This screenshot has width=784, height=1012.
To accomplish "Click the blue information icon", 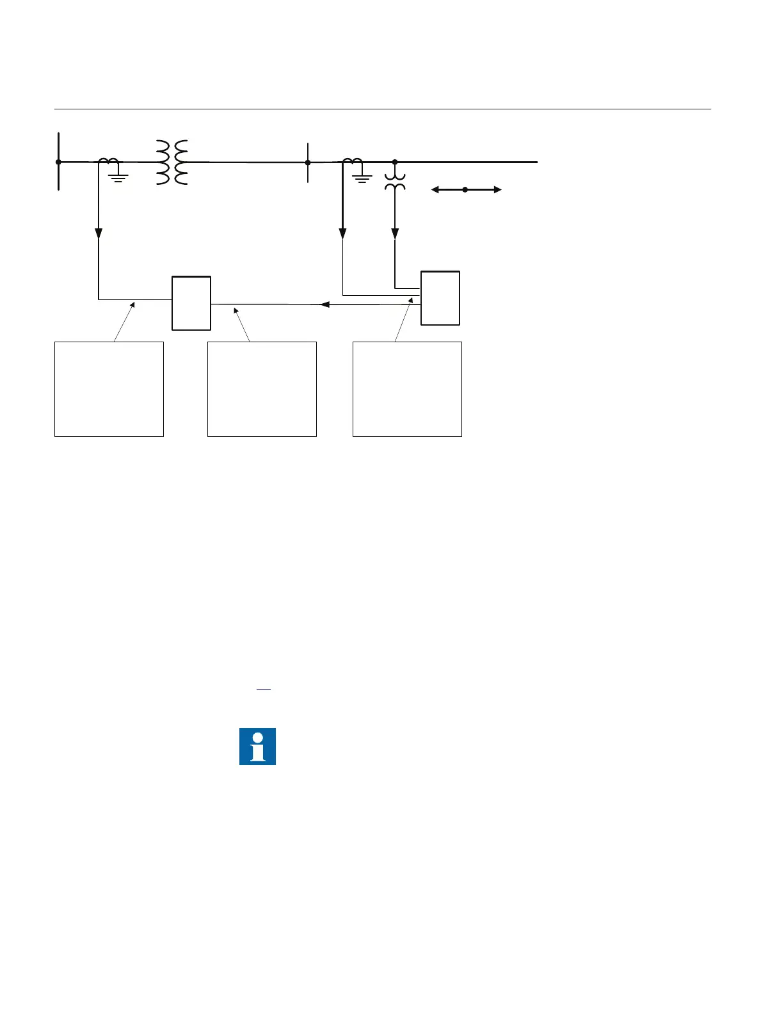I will click(x=257, y=746).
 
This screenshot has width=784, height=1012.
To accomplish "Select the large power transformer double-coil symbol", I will click(x=172, y=162).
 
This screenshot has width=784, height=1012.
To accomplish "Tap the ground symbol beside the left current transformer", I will click(x=118, y=176).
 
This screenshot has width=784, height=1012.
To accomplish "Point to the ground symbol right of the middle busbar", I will click(x=362, y=177).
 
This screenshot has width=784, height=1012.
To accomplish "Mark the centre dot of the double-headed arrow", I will click(x=465, y=189).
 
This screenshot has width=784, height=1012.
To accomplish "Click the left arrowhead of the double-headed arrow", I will click(x=436, y=189).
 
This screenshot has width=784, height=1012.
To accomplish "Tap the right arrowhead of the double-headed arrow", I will click(x=497, y=189).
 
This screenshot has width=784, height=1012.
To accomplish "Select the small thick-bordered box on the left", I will click(x=191, y=303).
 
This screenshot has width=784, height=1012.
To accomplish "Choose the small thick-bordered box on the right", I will click(x=440, y=298).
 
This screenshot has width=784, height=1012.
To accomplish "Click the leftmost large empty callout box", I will click(x=109, y=389).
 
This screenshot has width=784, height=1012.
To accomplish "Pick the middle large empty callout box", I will click(x=262, y=389).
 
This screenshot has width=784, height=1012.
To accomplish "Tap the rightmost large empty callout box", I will click(x=407, y=389).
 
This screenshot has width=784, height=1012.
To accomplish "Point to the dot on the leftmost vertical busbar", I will click(x=59, y=162).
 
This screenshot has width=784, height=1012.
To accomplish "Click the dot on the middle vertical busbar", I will click(x=308, y=162).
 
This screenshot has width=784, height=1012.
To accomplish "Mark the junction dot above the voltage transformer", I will click(x=395, y=162).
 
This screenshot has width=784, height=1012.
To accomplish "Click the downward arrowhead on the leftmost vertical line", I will click(x=99, y=233).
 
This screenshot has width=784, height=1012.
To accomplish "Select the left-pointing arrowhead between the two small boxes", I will click(x=324, y=304).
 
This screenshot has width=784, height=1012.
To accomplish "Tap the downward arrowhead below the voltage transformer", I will click(x=395, y=233).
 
